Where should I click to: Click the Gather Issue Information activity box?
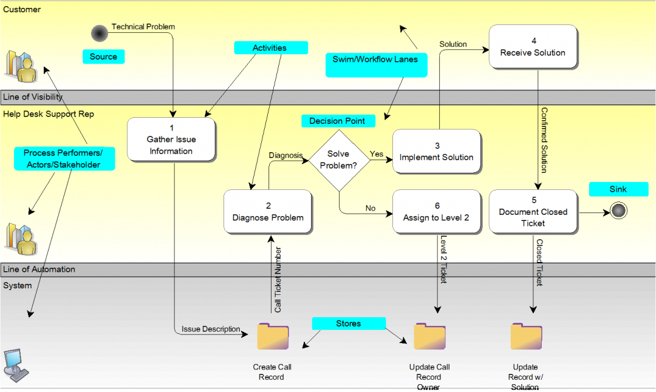click(x=171, y=140)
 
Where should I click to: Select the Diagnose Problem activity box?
click(x=268, y=212)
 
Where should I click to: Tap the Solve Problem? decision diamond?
click(x=339, y=160)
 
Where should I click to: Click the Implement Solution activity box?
click(x=436, y=152)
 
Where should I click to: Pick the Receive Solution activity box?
click(x=533, y=47)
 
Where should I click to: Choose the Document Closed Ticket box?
click(x=533, y=211)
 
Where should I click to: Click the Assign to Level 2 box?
click(x=436, y=211)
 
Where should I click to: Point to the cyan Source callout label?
click(x=103, y=56)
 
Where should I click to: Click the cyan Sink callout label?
click(x=618, y=189)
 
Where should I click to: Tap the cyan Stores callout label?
click(x=348, y=323)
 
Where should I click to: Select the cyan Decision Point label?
click(x=337, y=121)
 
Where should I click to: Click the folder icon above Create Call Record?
click(x=273, y=337)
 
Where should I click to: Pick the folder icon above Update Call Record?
click(x=429, y=337)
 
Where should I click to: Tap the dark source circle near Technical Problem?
click(x=100, y=33)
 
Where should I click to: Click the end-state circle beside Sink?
click(x=619, y=211)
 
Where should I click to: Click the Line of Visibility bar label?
click(x=33, y=97)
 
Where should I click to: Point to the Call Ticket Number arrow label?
click(x=278, y=279)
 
